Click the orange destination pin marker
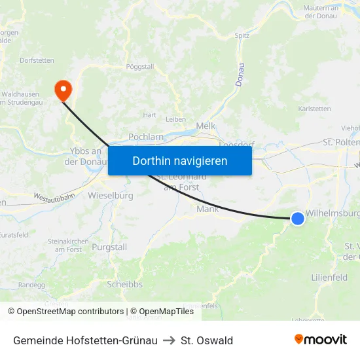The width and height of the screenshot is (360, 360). [x=63, y=90]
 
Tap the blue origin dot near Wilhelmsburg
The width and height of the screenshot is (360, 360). [x=298, y=219]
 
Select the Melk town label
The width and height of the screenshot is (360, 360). [x=206, y=126]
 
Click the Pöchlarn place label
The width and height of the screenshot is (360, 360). [x=146, y=137]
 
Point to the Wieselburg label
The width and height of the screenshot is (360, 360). [x=111, y=195]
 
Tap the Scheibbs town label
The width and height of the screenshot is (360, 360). [x=124, y=284]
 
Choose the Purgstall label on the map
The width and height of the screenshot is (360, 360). [x=109, y=247]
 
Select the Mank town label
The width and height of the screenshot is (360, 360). [x=207, y=209]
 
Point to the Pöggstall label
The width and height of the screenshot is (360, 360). [x=139, y=67]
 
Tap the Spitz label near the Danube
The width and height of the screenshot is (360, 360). [x=242, y=35]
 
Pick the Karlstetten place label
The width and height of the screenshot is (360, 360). [x=314, y=109]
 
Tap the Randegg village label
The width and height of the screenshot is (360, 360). [x=31, y=285]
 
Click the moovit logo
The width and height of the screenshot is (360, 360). [x=321, y=339]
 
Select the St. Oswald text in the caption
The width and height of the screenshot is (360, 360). [x=207, y=340]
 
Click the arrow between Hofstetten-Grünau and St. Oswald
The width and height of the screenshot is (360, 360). [x=169, y=340]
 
